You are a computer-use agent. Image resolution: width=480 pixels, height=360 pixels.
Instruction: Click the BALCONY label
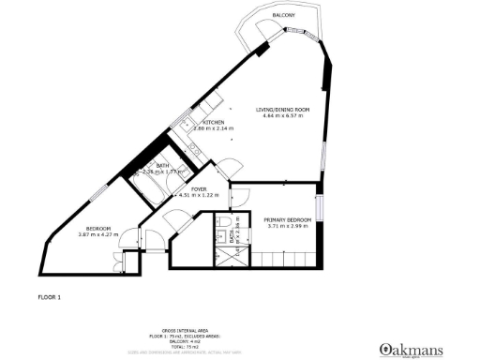point(284,17)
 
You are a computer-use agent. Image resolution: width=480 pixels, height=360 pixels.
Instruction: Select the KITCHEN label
point(214,122)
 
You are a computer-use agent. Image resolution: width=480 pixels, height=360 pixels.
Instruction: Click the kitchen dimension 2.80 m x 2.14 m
point(214,128)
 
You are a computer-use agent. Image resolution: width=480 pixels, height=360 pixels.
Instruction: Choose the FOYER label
point(198,188)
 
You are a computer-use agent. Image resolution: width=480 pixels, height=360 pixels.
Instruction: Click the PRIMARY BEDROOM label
point(285,218)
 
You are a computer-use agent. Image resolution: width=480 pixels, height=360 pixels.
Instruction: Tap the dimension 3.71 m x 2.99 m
point(285,226)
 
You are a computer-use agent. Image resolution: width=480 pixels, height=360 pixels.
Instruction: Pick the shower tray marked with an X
point(229,255)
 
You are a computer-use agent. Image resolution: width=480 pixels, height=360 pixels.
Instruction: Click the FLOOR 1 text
point(49,297)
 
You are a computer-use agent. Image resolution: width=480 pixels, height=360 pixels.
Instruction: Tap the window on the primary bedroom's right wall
point(320,208)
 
